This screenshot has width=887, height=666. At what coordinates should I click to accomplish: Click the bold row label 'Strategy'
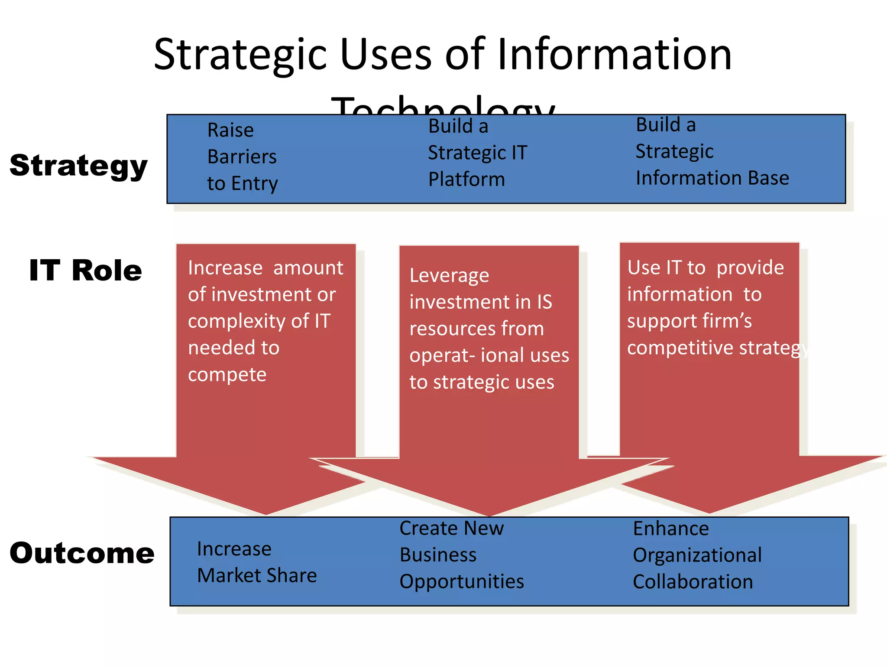[78, 166]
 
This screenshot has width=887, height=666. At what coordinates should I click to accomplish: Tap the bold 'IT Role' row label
[85, 270]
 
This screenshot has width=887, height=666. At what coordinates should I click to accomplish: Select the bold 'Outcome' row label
[82, 553]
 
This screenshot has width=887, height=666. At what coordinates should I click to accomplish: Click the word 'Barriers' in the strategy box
[242, 157]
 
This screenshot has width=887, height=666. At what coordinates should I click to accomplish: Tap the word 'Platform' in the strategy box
[466, 180]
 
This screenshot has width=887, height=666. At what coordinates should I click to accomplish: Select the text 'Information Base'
[712, 178]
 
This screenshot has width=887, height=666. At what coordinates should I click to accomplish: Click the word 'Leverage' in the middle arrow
[449, 275]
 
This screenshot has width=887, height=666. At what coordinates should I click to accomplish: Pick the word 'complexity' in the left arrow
[236, 322]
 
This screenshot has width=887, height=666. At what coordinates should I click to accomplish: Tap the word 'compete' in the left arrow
[227, 375]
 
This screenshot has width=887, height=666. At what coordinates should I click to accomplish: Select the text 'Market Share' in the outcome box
[257, 576]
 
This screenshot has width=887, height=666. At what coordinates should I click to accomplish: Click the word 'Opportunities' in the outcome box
[462, 582]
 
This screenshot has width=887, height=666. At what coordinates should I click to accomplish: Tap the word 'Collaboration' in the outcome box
[693, 582]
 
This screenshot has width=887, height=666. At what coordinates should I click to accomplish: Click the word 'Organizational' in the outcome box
[697, 555]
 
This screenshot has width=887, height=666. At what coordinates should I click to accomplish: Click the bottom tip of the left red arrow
[266, 514]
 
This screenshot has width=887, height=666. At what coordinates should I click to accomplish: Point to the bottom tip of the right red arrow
[709, 513]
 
